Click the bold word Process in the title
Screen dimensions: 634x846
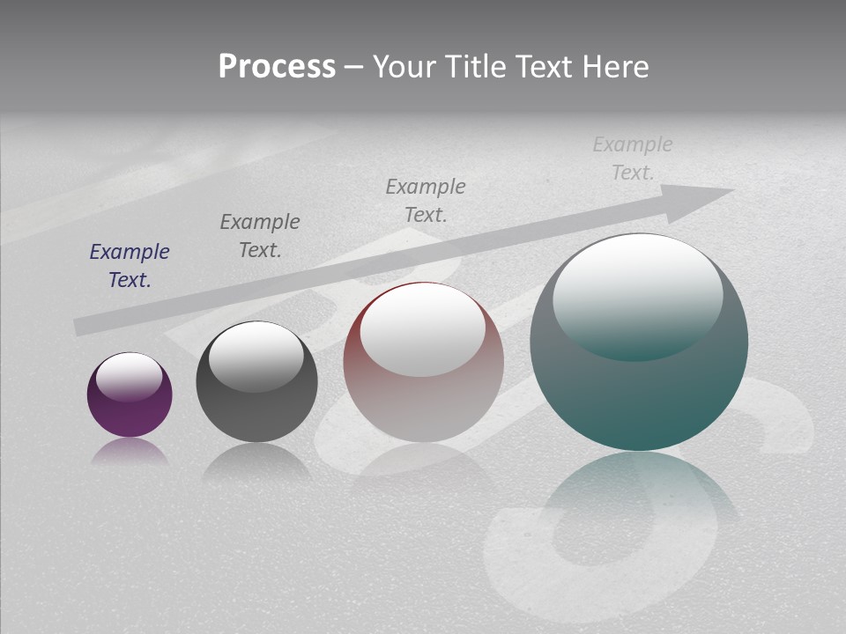pyautogui.click(x=277, y=67)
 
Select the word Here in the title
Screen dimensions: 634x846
pyautogui.click(x=614, y=67)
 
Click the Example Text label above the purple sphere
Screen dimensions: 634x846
pyautogui.click(x=130, y=266)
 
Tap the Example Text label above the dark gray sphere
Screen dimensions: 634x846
pyautogui.click(x=260, y=236)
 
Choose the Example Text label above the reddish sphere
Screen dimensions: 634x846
pyautogui.click(x=426, y=201)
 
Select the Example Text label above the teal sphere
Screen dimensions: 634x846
pyautogui.click(x=633, y=158)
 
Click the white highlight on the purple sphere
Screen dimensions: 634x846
pyautogui.click(x=130, y=376)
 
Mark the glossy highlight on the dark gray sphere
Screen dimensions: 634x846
pyautogui.click(x=256, y=355)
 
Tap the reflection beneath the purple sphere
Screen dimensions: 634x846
pyautogui.click(x=130, y=452)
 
